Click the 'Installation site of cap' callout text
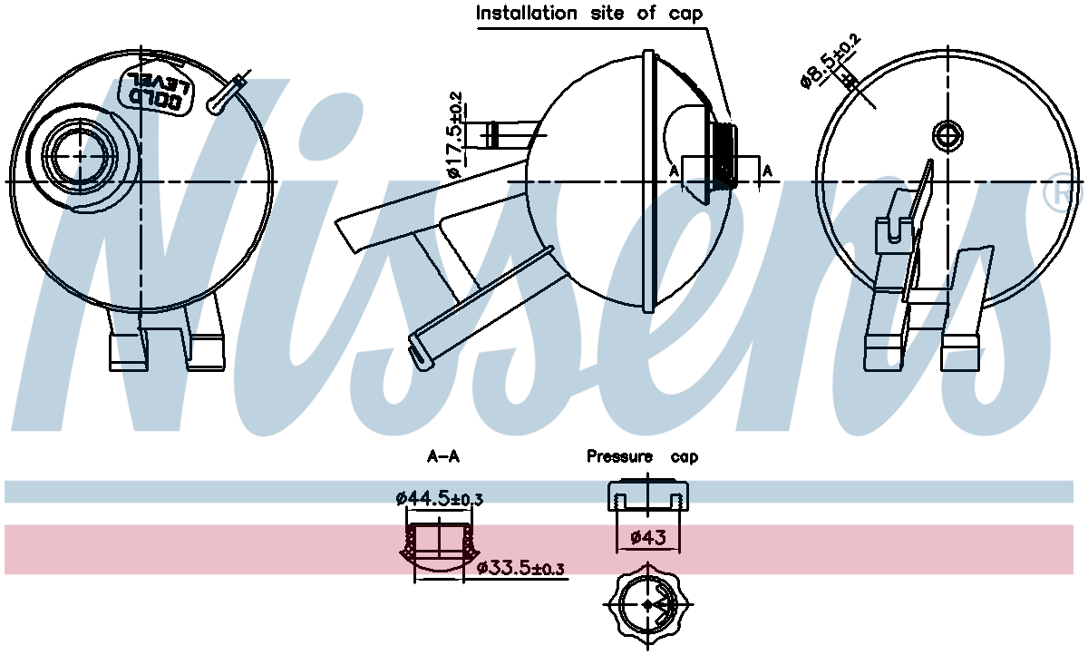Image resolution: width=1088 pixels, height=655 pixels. (588, 14)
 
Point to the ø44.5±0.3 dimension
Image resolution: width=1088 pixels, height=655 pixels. (439, 499)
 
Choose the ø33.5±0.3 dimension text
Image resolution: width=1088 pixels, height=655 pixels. (520, 569)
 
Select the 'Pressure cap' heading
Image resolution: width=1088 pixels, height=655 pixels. (642, 456)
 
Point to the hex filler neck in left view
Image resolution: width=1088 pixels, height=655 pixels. (80, 156)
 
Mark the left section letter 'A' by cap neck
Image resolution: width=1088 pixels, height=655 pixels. (674, 170)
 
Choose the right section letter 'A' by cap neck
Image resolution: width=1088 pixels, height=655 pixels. (768, 170)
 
